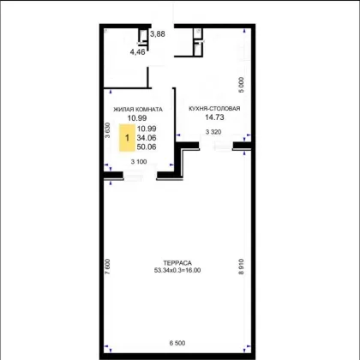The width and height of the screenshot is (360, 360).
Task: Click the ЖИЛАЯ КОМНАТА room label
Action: [x=138, y=109]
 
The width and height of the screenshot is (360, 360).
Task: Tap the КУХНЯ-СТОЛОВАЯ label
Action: [x=214, y=109]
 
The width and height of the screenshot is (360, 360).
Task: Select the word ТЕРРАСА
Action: [x=177, y=263]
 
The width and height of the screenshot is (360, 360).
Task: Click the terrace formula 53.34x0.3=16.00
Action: [x=177, y=270]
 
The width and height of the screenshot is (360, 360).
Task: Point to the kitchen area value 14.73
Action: [x=214, y=117]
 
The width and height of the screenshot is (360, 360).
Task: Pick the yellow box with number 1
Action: [x=127, y=138]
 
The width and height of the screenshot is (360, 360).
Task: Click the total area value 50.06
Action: [x=147, y=147]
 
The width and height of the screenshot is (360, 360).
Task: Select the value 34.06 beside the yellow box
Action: [x=147, y=138]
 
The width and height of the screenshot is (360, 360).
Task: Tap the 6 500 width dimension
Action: [x=177, y=343]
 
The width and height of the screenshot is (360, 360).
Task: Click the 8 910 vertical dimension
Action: [x=242, y=267]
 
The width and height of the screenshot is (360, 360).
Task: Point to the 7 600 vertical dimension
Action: [x=107, y=267]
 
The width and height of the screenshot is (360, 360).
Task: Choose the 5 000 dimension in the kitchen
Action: [x=242, y=85]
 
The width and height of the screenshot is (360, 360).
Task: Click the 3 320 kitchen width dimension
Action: [x=213, y=132]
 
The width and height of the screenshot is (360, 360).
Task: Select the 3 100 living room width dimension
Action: [x=139, y=162]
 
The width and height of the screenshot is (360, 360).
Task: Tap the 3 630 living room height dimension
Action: [x=107, y=130]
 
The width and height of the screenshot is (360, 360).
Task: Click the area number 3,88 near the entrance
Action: [x=158, y=34]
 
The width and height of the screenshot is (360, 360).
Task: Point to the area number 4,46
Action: [x=138, y=52]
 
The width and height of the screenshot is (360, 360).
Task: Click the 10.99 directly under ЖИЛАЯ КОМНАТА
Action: [x=137, y=117]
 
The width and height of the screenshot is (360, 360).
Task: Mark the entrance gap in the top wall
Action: [x=163, y=26]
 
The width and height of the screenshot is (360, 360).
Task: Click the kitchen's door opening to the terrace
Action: [x=216, y=146]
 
